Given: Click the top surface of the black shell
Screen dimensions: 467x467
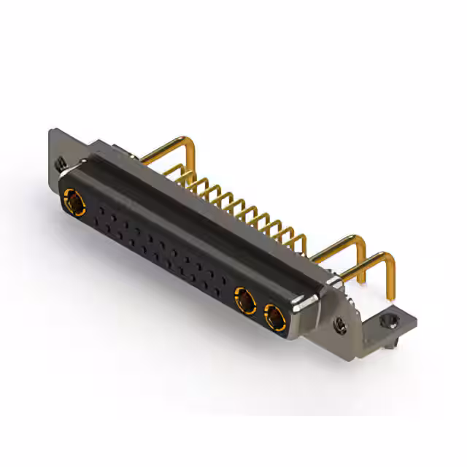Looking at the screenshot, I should point(182,201).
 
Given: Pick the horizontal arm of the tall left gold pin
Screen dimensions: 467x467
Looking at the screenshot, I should point(164,150).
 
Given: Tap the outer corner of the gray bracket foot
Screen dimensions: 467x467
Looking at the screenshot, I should point(417,314).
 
